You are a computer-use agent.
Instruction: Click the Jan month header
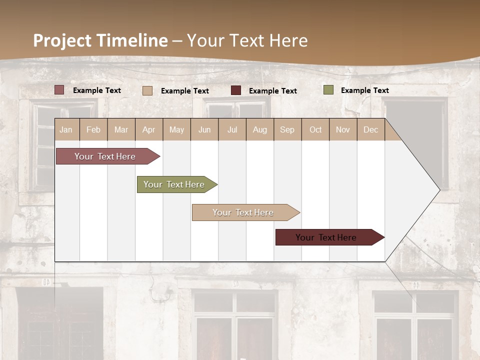click(66, 129)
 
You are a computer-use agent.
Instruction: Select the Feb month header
click(93, 129)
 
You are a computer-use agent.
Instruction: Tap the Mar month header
click(121, 129)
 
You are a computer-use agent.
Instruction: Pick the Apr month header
click(148, 129)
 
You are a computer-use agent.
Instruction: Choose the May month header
click(176, 129)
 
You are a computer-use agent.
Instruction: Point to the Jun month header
click(204, 129)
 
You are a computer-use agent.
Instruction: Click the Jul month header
click(232, 129)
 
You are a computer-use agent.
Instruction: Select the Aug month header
click(259, 129)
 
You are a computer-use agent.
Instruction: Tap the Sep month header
click(287, 129)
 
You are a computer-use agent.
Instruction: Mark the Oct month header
click(315, 129)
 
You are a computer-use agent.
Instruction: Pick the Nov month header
click(343, 129)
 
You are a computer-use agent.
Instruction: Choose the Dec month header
click(370, 129)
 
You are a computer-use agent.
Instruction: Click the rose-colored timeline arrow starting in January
click(105, 156)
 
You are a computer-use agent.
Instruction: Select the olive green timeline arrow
click(174, 184)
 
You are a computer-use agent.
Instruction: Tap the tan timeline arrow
click(243, 212)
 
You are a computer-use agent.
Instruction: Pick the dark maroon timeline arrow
click(326, 237)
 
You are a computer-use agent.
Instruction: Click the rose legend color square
click(59, 90)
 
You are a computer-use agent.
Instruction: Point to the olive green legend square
click(328, 90)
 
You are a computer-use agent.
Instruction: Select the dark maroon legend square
click(236, 90)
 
